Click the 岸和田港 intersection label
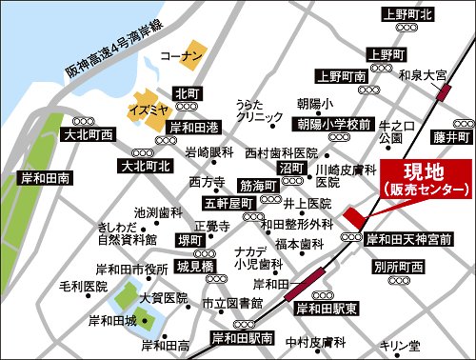(x=194, y=127)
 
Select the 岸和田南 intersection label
(x=37, y=178)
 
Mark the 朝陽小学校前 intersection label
(x=331, y=125)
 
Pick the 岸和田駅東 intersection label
(x=326, y=310)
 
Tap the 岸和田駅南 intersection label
(x=243, y=338)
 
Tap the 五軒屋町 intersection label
(x=225, y=203)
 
